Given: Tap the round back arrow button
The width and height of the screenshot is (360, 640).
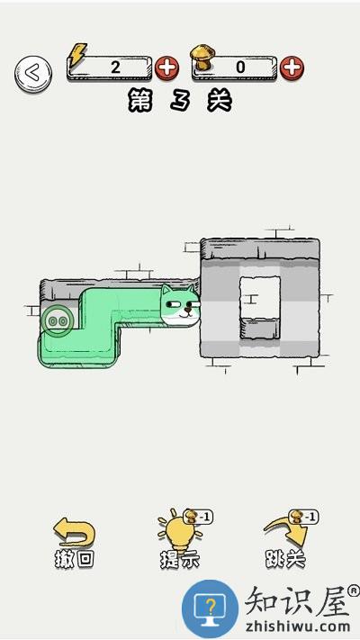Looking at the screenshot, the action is (x=33, y=74).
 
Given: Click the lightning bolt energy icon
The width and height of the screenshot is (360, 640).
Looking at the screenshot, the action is (x=77, y=55).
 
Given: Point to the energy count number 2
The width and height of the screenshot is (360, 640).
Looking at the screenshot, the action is (x=115, y=67).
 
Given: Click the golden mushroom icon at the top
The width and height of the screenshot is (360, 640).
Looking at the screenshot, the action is (x=202, y=57).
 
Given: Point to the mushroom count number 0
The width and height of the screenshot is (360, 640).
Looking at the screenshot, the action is (x=240, y=67).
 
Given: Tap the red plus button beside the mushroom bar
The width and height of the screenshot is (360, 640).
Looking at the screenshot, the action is (x=292, y=68).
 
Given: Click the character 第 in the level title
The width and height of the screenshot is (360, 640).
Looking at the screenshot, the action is (x=140, y=101).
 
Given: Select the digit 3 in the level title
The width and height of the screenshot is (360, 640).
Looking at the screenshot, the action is (x=180, y=101).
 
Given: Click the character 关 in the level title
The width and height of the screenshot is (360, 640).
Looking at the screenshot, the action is (x=220, y=101).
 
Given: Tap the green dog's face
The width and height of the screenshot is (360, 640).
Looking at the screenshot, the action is (x=180, y=306).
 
